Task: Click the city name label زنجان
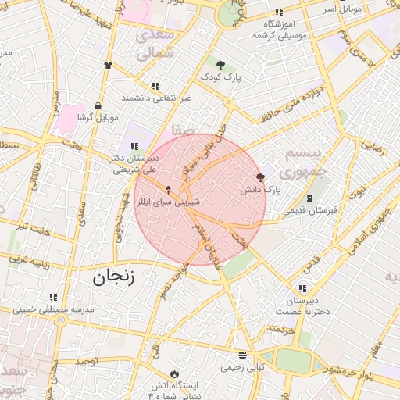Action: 114,276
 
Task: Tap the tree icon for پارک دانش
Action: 260,177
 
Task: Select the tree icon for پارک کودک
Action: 221,65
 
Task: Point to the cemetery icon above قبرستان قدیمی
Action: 310,198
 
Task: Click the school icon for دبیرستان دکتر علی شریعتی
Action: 135,145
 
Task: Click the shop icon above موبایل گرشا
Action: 98,105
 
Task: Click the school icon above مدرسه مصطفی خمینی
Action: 53,297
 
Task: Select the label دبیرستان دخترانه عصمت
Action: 302,306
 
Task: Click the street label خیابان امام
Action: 210,246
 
